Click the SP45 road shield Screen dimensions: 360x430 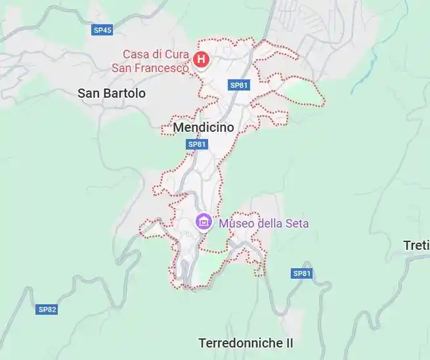(102, 30)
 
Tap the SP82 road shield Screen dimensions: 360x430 (47, 309)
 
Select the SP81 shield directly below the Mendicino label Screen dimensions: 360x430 (197, 144)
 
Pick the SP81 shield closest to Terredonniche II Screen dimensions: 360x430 (301, 273)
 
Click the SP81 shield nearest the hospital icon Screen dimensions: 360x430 (239, 85)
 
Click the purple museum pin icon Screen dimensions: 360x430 (204, 222)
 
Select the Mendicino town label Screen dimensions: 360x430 (204, 128)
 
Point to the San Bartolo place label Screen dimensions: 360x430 (112, 93)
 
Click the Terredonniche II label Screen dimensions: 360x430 (246, 343)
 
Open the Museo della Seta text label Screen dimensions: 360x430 (264, 223)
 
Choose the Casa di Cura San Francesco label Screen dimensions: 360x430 (156, 60)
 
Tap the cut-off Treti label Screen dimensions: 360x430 (416, 245)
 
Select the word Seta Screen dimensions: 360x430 (297, 223)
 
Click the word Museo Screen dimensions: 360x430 (236, 223)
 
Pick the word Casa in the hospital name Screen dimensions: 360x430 (136, 54)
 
